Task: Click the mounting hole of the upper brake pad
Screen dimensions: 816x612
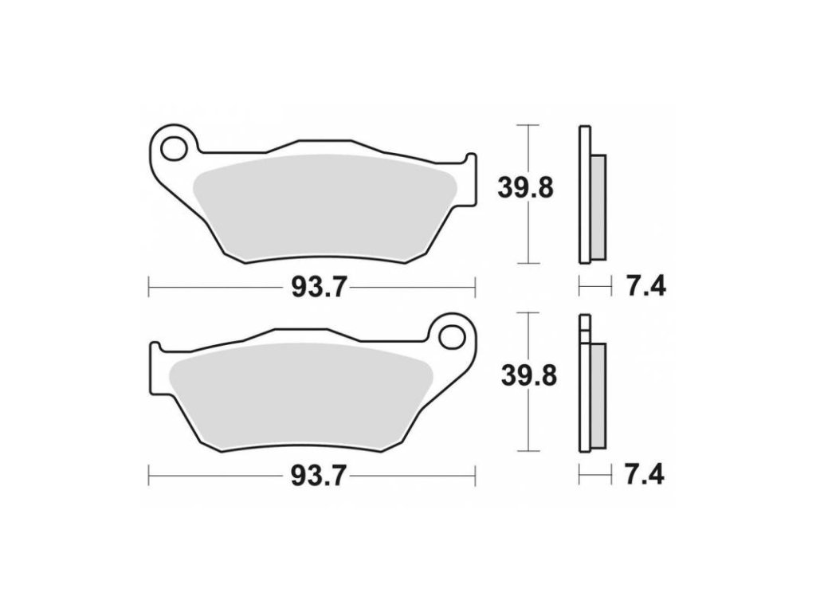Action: (x=174, y=149)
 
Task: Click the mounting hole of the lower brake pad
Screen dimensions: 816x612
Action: (x=451, y=338)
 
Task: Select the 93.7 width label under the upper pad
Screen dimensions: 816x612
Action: (x=319, y=287)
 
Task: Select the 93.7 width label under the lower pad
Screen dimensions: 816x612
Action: (x=319, y=475)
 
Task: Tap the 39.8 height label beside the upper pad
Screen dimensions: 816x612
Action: (x=526, y=187)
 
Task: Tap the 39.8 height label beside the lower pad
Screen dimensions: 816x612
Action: (x=529, y=376)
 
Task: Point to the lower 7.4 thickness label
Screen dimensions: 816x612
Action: (x=645, y=475)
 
